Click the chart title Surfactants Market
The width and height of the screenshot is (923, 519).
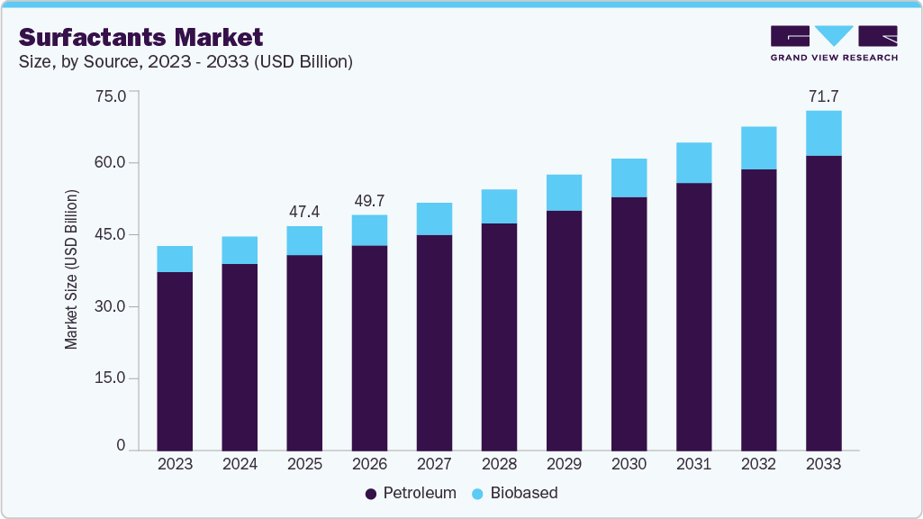pyautogui.click(x=141, y=37)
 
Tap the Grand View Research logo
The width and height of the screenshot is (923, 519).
pyautogui.click(x=834, y=43)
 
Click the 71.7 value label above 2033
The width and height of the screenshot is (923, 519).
pyautogui.click(x=823, y=96)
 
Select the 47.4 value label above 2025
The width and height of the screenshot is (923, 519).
pyautogui.click(x=304, y=212)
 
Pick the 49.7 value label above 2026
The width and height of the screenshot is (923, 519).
pyautogui.click(x=369, y=200)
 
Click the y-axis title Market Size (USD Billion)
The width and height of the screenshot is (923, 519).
pyautogui.click(x=71, y=270)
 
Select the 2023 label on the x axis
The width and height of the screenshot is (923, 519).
pyautogui.click(x=175, y=464)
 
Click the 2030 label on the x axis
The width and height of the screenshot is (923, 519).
pyautogui.click(x=629, y=464)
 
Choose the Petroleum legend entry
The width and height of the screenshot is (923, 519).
pyautogui.click(x=411, y=493)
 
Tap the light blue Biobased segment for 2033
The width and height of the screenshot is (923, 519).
pyautogui.click(x=823, y=133)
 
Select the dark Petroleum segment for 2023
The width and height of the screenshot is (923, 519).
pyautogui.click(x=175, y=360)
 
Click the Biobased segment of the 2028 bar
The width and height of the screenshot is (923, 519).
pyautogui.click(x=499, y=206)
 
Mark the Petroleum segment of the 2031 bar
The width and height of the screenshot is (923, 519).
pyautogui.click(x=693, y=315)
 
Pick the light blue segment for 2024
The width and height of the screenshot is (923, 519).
pyautogui.click(x=240, y=250)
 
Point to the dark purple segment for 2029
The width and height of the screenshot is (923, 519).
pyautogui.click(x=564, y=330)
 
